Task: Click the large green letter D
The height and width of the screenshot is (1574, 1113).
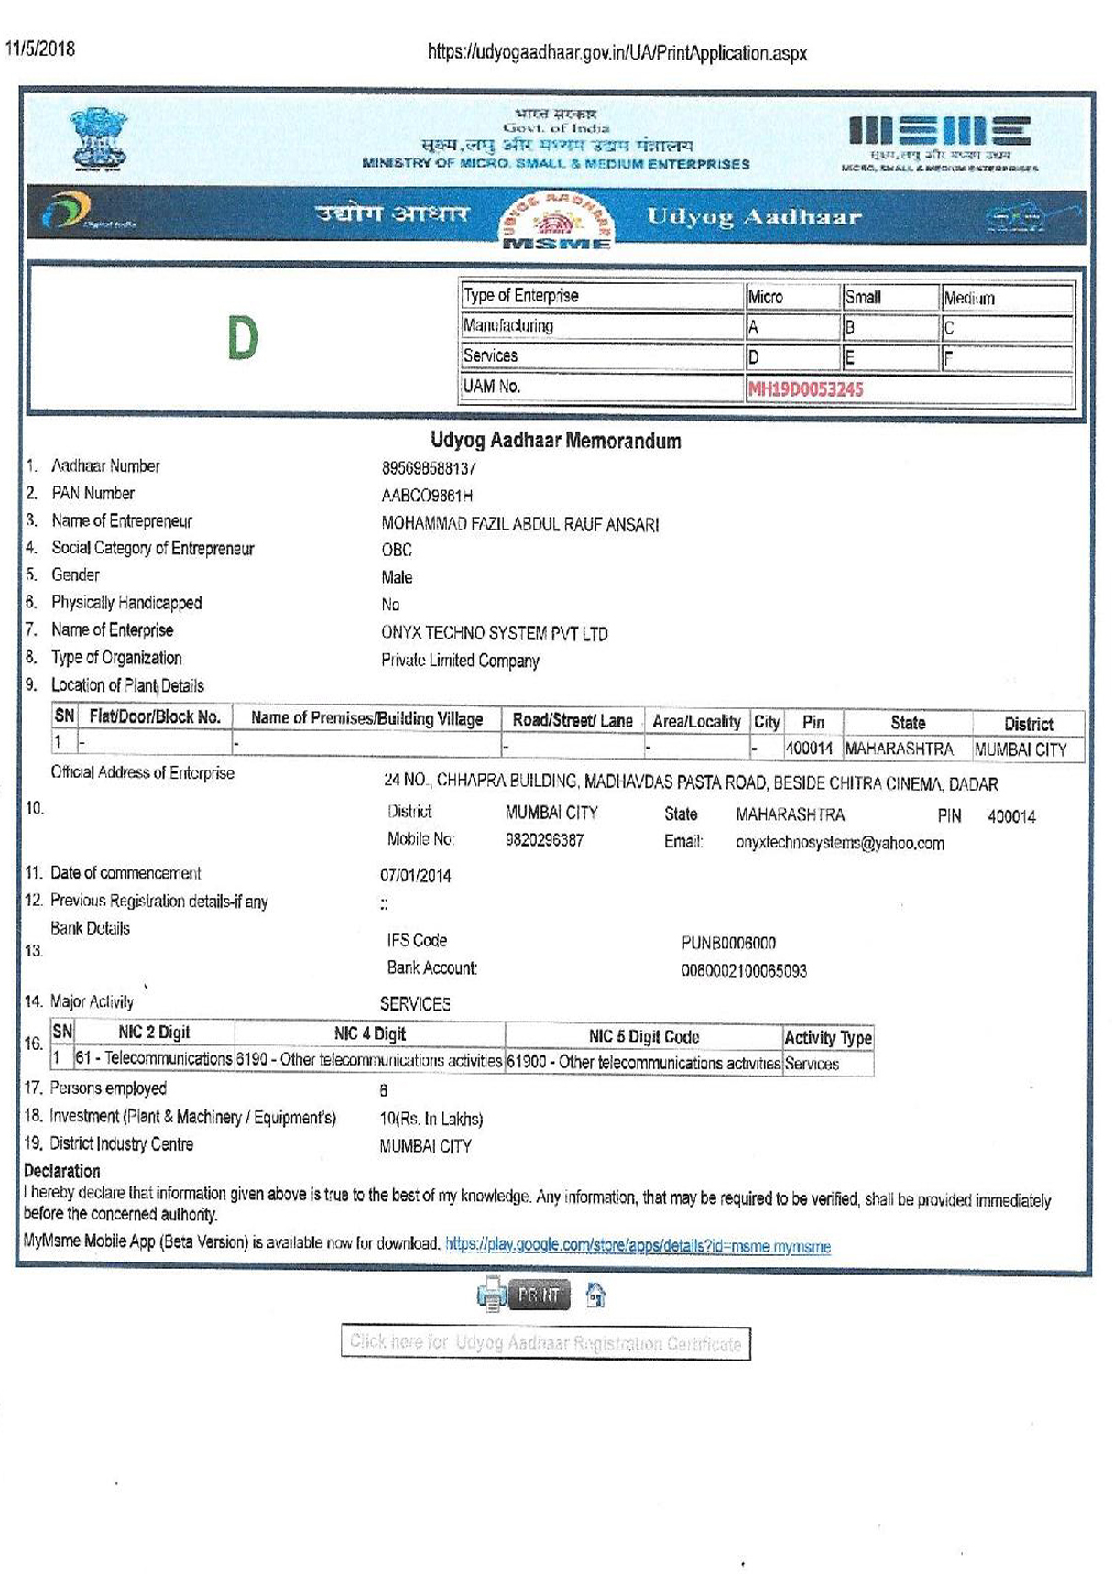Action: coord(243,338)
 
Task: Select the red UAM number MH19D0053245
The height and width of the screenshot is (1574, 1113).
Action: coord(805,389)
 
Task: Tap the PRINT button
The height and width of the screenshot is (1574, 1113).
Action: coord(539,1295)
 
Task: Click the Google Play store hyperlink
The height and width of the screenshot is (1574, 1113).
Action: coord(638,1245)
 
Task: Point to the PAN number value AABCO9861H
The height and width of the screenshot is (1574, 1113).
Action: coord(427,496)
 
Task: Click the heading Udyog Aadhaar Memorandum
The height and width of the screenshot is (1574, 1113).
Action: coord(555,441)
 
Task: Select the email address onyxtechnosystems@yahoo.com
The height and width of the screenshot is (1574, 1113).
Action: coord(839,843)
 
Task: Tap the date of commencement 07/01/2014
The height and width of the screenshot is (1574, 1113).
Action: coord(416,875)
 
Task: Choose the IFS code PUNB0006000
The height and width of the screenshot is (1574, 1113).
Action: coord(728,943)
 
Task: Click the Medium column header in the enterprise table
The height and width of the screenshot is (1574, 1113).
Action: coord(969,298)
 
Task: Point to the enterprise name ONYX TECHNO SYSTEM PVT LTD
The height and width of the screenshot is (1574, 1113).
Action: coord(494,633)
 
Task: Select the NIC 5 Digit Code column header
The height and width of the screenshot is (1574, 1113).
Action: coord(643,1036)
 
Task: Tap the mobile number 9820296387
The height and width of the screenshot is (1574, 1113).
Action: coord(544,839)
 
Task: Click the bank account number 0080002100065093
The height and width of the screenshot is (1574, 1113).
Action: coord(744,970)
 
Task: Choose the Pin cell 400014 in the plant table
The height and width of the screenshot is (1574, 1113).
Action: coord(809,749)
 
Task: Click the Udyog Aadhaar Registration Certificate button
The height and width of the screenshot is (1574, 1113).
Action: coord(545,1343)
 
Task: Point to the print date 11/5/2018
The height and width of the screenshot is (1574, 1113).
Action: coord(40,49)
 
